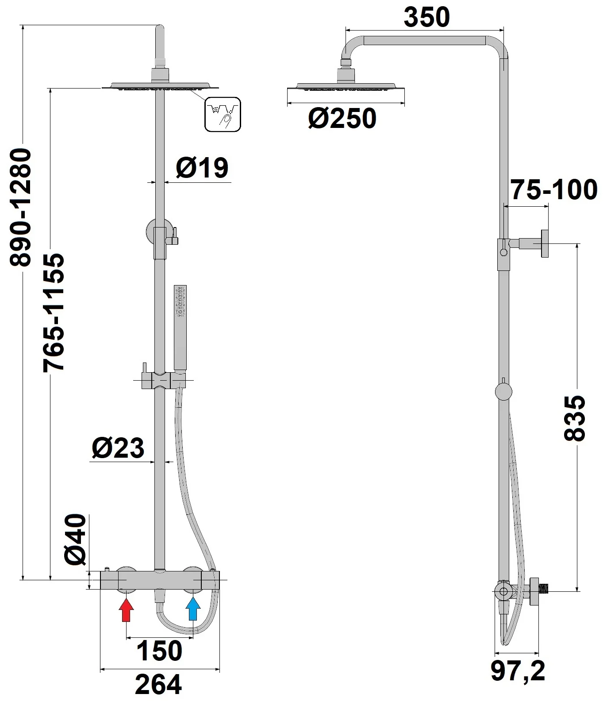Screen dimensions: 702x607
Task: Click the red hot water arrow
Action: pos(127,610)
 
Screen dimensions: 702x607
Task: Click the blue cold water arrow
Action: pos(193,610)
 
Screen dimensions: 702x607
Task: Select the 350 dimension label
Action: pos(426,17)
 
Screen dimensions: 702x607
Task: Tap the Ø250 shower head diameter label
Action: pos(342,119)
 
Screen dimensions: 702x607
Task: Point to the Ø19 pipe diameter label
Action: pos(202,168)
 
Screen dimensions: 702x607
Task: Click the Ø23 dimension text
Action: pos(118,448)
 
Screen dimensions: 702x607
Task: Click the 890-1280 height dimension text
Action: pos(21,208)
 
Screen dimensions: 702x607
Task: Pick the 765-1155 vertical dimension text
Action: pos(54,312)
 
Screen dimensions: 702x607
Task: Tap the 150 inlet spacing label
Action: pos(159,651)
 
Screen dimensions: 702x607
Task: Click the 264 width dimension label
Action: pos(158,685)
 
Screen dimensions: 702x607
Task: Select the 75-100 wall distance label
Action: pos(554,190)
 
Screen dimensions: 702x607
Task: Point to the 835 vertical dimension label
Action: pos(575,418)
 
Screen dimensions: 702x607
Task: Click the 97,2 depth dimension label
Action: pos(517,672)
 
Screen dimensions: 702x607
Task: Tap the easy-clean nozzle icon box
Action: pos(223,114)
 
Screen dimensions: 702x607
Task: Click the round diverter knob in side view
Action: pos(503,392)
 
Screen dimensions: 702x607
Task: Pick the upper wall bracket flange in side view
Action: pos(545,244)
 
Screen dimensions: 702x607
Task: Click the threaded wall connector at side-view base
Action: pos(543,589)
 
